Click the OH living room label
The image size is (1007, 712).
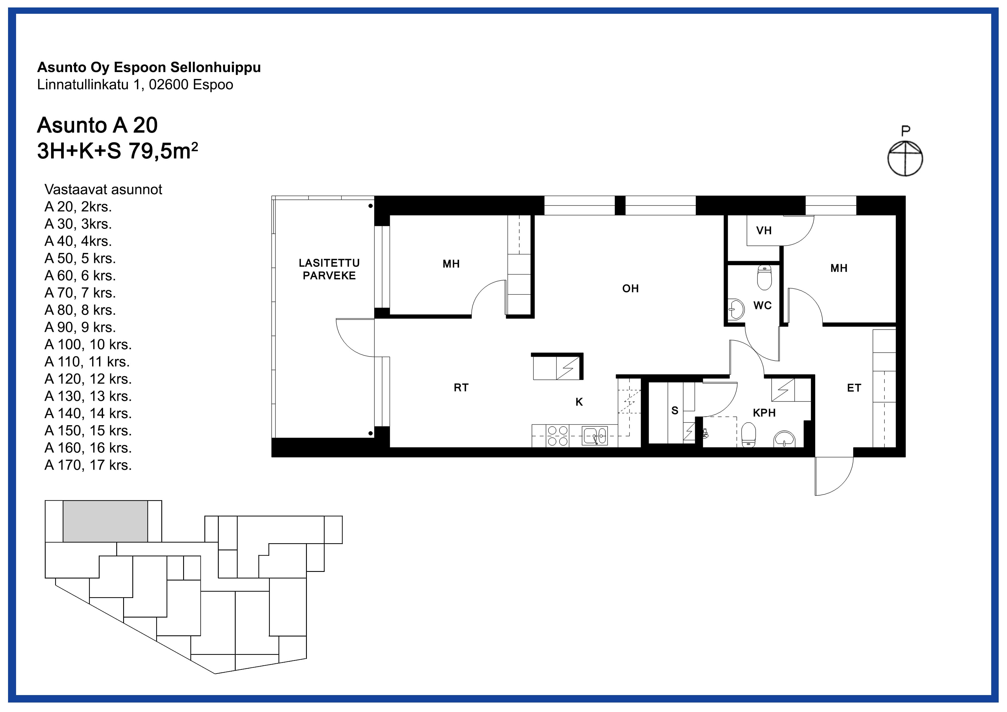630,289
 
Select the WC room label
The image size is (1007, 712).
762,306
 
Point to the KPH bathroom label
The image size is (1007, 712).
764,413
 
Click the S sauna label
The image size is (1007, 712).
675,411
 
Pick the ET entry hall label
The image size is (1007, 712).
854,388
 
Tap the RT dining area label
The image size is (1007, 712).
461,387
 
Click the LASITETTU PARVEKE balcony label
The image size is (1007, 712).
329,269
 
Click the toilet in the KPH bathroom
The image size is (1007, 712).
749,435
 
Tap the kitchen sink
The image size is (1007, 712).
595,436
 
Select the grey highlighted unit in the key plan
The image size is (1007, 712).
105,521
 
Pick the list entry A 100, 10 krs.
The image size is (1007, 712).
88,345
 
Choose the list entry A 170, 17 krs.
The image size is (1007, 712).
88,465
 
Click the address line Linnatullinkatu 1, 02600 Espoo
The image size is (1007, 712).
135,85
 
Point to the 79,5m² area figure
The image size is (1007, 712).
163,151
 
